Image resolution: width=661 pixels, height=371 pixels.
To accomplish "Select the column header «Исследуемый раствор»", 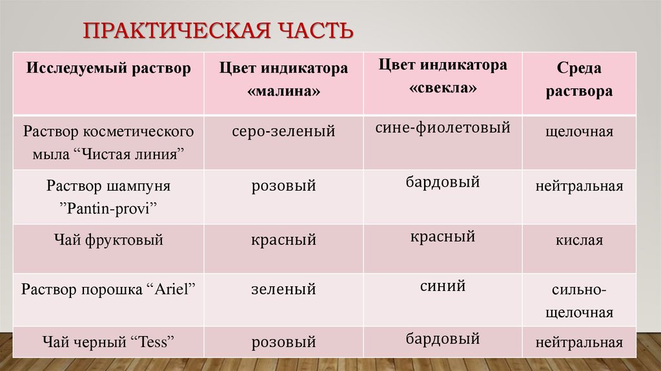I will (x=108, y=68).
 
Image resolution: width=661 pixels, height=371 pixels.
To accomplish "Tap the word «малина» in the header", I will (x=283, y=92).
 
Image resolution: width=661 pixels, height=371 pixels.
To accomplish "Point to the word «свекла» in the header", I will (x=443, y=88).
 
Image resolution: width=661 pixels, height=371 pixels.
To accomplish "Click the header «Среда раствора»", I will (x=579, y=80).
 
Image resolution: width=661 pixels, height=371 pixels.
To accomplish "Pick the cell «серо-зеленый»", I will (x=283, y=132).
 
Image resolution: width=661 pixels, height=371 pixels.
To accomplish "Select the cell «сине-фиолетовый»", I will (x=443, y=128).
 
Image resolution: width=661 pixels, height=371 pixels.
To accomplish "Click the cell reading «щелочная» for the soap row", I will (x=579, y=132).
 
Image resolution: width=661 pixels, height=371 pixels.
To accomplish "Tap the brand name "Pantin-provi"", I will (x=108, y=208).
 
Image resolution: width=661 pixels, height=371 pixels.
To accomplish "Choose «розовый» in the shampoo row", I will (x=283, y=187).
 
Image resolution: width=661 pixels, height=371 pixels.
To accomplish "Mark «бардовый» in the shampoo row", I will (x=443, y=182).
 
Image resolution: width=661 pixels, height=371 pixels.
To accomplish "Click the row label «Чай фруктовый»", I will (x=108, y=240).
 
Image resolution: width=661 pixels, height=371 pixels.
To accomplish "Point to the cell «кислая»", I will (x=579, y=240).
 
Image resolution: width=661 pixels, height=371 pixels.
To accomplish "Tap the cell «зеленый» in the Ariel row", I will (x=283, y=289).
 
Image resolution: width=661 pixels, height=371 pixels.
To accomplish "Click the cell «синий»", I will (x=443, y=285).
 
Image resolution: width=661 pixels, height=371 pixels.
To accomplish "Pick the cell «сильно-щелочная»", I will (x=579, y=301).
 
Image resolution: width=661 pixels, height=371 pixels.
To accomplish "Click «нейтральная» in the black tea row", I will (x=579, y=343).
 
